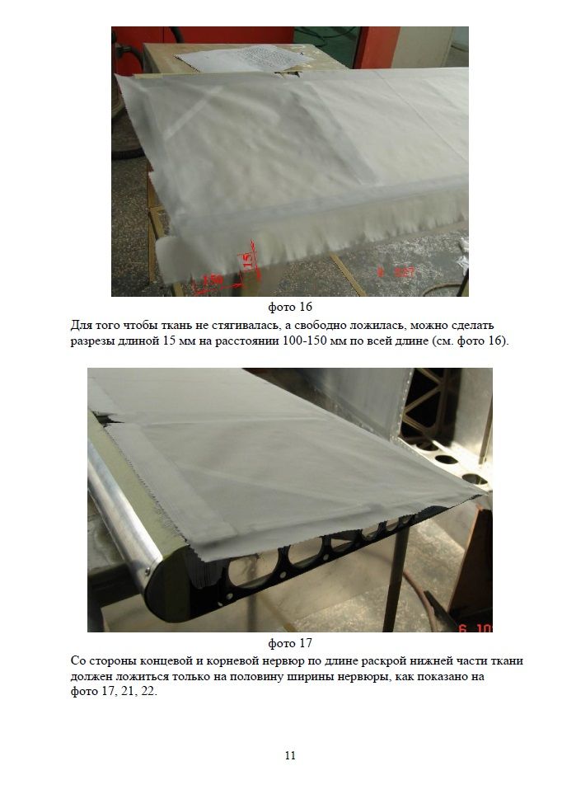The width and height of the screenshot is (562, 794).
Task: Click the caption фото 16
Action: tap(289, 307)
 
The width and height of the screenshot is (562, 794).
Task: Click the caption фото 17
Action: tap(289, 643)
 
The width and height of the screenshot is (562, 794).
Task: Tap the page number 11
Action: tap(290, 755)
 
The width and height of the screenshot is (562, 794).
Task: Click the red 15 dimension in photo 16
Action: tap(248, 261)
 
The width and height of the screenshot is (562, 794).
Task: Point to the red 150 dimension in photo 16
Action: tap(211, 280)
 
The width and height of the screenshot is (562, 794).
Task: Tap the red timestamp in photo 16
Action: tap(396, 272)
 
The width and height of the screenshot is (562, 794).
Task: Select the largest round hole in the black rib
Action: tap(253, 568)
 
